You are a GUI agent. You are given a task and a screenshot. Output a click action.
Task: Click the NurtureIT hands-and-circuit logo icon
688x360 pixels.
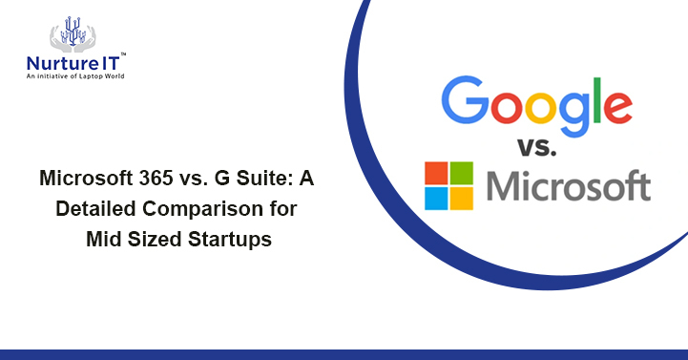pyautogui.click(x=73, y=32)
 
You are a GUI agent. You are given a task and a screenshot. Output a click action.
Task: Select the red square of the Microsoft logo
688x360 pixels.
pyautogui.click(x=436, y=173)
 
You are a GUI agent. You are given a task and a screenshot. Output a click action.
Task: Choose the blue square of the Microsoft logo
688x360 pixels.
pyautogui.click(x=436, y=198)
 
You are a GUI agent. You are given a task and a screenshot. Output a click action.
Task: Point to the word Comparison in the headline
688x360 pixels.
pyautogui.click(x=203, y=209)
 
